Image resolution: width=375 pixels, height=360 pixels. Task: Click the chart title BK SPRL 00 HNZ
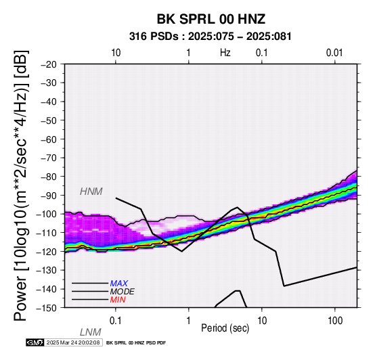pos(211,19)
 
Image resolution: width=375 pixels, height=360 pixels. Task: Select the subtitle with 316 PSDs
pos(211,37)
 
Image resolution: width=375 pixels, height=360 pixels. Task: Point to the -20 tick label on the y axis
pos(49,64)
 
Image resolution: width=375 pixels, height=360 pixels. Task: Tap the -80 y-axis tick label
pos(49,177)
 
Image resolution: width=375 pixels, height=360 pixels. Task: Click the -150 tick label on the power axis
pos(47,308)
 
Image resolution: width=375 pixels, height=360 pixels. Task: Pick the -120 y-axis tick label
pos(47,252)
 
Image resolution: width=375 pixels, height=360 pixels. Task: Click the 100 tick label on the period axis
pos(335,321)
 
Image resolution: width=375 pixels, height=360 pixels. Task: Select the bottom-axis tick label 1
pos(188,321)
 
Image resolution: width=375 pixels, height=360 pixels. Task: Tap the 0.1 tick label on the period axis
pos(115,321)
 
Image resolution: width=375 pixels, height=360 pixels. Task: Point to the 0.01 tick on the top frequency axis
pos(334,53)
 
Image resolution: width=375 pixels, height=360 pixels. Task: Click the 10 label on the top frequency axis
pos(116,53)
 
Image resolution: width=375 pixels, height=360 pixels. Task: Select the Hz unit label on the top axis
pos(225,53)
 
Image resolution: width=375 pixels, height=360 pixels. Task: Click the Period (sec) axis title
pos(225,328)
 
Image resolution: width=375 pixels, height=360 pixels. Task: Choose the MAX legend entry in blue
pos(119,284)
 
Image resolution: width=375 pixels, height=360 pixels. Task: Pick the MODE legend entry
pos(123,292)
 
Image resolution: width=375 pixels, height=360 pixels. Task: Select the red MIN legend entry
pos(118,300)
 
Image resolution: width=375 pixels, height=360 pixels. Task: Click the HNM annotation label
pos(91,192)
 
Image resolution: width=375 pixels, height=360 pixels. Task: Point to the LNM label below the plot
pos(91,332)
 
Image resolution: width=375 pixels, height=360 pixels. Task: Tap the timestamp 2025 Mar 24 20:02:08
pos(73,343)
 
